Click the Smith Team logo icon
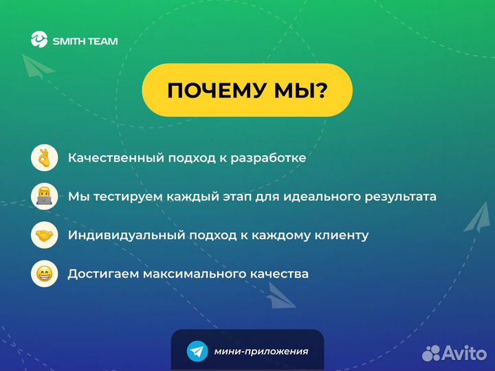40,40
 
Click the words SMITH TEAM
85,41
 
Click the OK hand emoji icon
43,158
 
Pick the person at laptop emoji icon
43,196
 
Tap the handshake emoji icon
43,235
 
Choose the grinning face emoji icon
43,273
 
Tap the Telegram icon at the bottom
197,351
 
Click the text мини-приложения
261,351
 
